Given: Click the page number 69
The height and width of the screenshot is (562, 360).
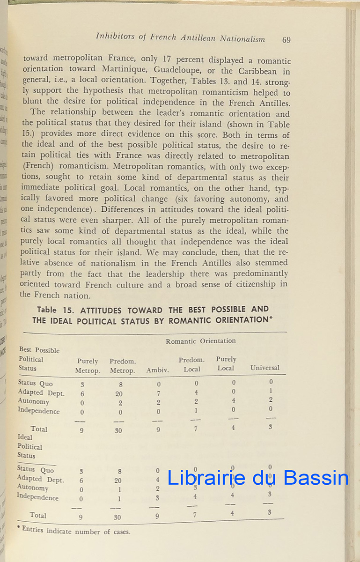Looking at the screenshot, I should tap(287, 40).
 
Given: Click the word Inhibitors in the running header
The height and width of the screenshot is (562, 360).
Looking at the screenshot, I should tap(114, 37).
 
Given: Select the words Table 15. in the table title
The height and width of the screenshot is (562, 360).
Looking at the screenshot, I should tap(53, 310).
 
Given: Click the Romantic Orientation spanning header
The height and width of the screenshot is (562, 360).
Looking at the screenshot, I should tap(200, 341).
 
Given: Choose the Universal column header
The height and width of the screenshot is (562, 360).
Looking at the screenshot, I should tap(264, 368).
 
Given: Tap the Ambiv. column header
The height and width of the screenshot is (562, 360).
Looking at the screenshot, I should tap(158, 370).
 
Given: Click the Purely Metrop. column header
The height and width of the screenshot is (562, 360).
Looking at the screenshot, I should tap(88, 366).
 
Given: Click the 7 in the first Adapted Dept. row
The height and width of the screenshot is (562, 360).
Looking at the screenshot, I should tap(158, 393).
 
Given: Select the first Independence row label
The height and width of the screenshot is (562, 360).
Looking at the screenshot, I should tap(38, 411).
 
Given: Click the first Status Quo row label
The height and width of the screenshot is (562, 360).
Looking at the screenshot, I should tap(35, 384).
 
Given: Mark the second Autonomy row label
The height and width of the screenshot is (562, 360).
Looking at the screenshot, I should tap(33, 487).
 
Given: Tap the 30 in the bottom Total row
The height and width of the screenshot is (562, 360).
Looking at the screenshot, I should tap(118, 518).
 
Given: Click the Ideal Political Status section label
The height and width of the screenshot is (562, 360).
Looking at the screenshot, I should tap(30, 446).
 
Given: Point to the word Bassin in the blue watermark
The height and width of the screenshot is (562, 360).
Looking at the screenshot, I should tap(316, 478).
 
